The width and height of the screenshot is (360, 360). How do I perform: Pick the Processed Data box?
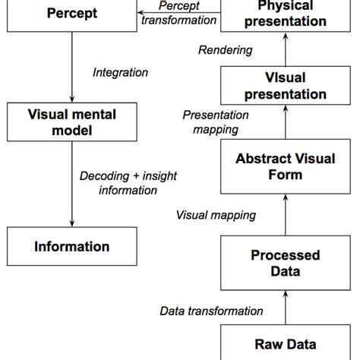pos(285,264)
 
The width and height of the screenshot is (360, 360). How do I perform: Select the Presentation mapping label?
pos(216,122)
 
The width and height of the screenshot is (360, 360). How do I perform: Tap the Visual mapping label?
pos(216,215)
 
